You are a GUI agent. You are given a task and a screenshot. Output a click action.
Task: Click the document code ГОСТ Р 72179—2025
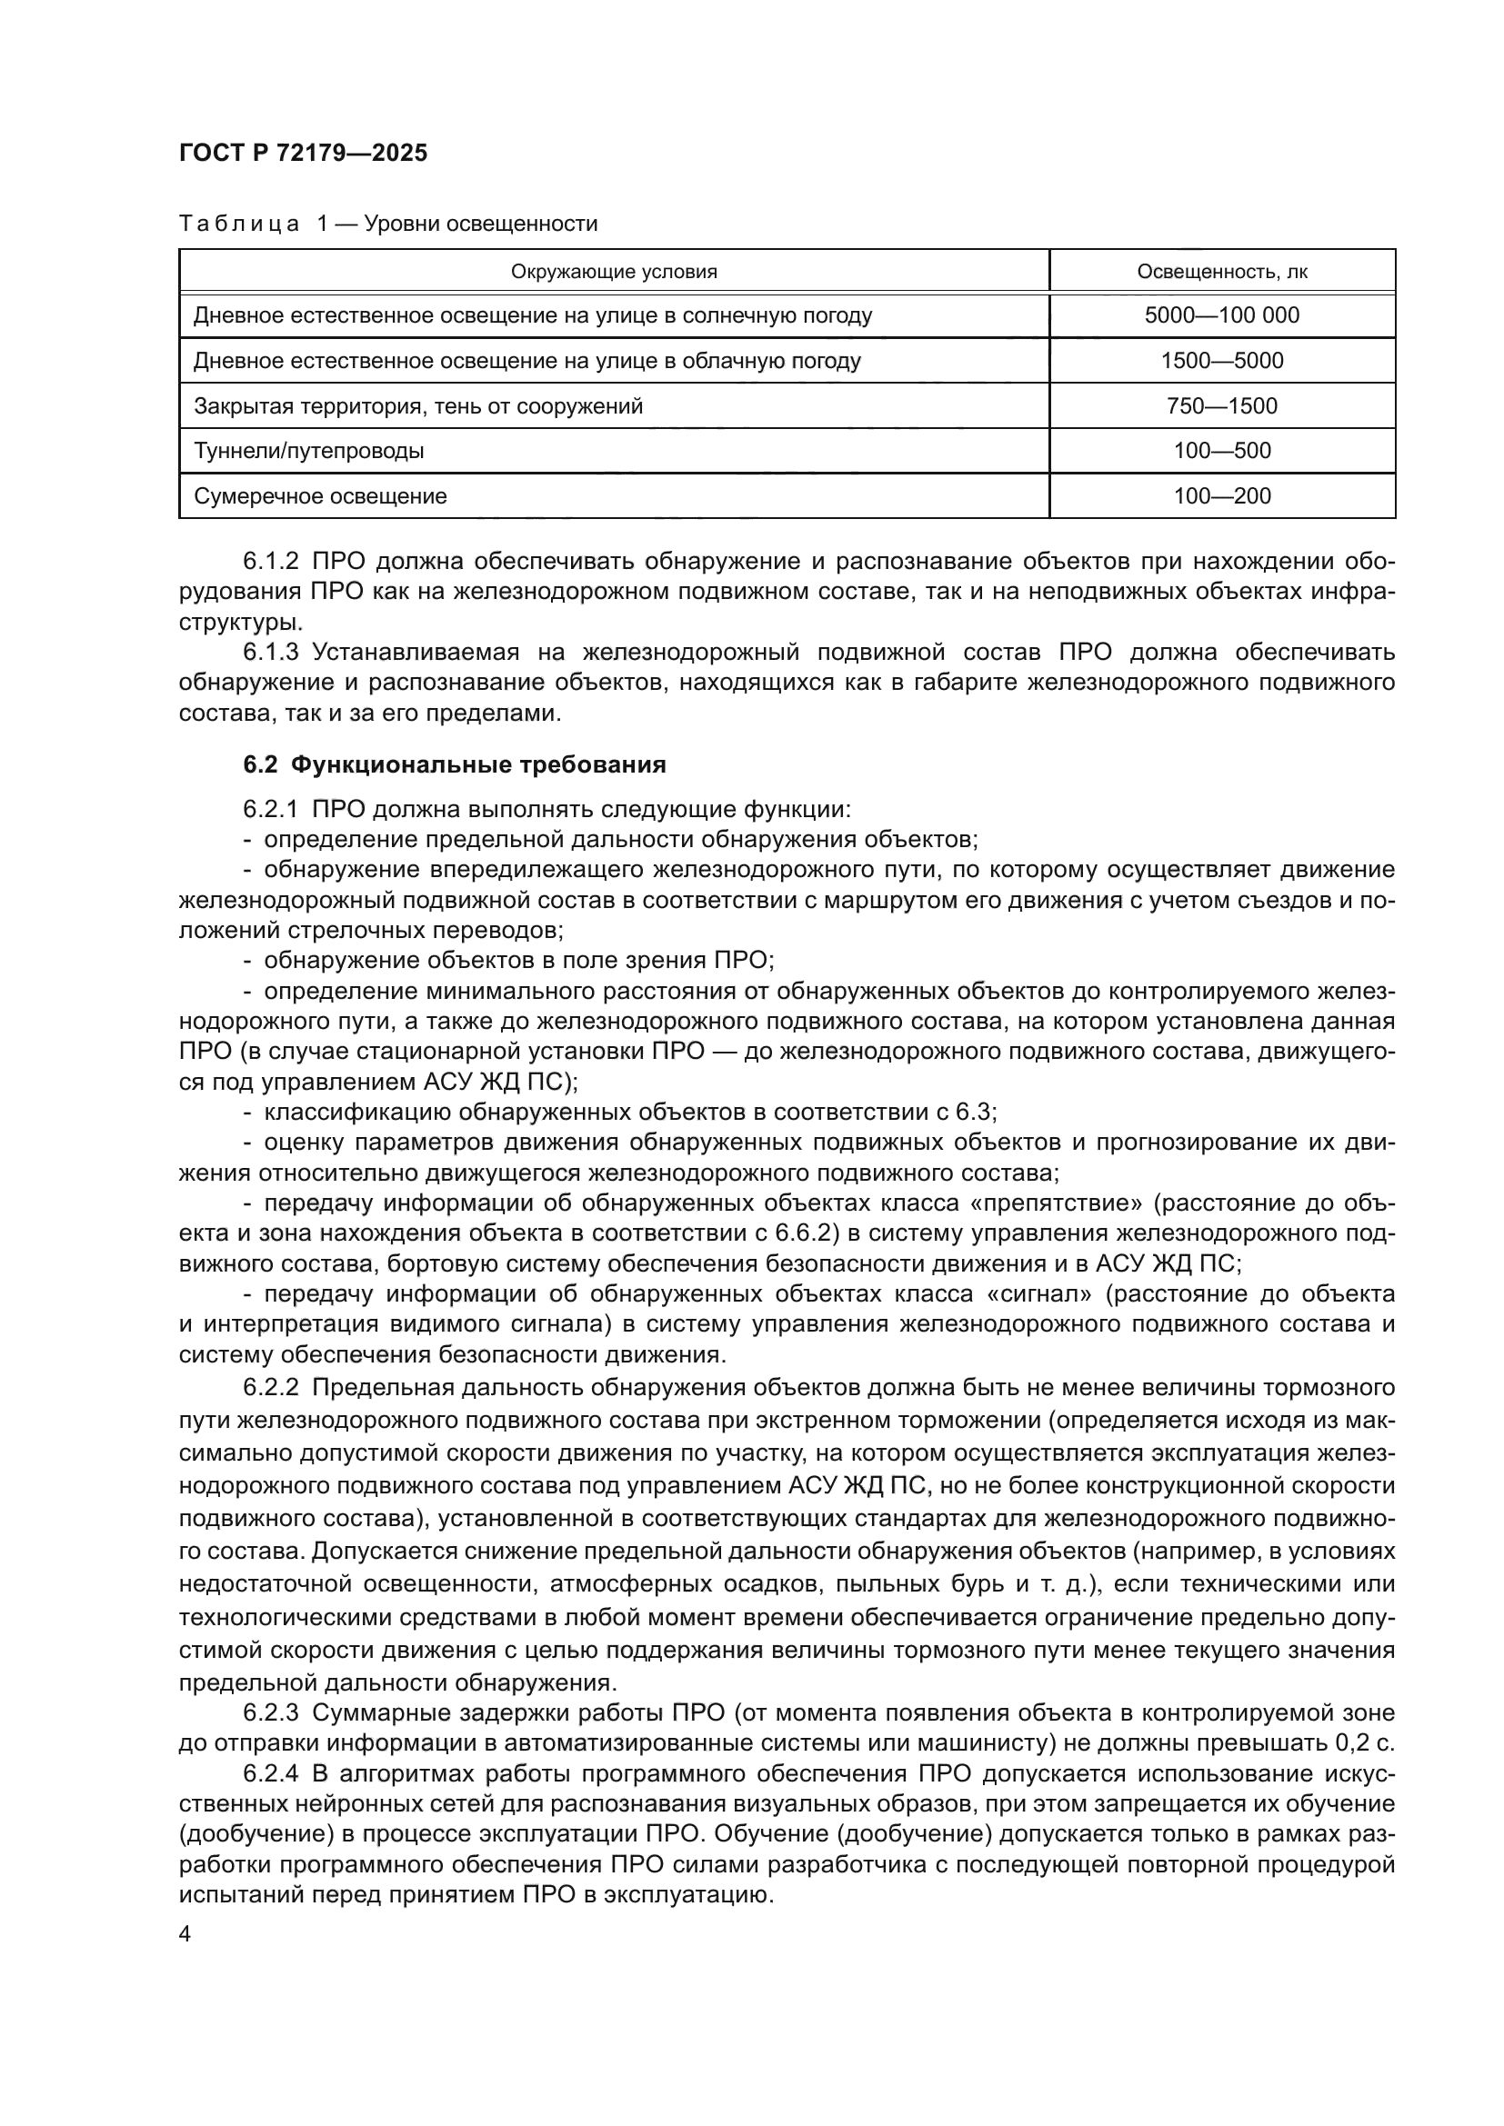click(303, 154)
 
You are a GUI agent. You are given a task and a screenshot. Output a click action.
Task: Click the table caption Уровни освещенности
click(481, 224)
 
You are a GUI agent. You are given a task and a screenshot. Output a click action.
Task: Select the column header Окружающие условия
click(614, 271)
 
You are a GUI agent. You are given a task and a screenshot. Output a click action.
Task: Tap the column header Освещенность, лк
click(1221, 271)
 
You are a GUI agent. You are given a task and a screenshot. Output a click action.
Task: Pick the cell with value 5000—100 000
click(1221, 314)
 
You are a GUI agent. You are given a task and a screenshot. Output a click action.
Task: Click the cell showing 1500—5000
click(1221, 360)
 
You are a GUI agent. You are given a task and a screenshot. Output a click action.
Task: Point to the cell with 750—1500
click(1221, 405)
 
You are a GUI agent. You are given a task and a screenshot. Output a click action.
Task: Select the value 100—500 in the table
click(1221, 451)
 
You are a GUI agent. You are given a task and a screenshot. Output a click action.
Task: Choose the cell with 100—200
click(1221, 495)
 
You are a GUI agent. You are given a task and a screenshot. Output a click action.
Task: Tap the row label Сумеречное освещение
click(320, 495)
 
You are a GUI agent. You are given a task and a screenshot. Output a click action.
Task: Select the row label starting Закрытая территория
click(417, 405)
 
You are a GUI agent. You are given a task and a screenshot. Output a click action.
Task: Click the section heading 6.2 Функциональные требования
click(455, 764)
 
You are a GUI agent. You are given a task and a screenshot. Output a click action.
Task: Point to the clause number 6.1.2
click(270, 562)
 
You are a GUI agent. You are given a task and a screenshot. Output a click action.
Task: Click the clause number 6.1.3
click(270, 653)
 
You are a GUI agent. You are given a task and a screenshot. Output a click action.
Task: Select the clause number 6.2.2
click(270, 1387)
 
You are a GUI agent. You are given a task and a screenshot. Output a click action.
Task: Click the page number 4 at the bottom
click(185, 1934)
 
